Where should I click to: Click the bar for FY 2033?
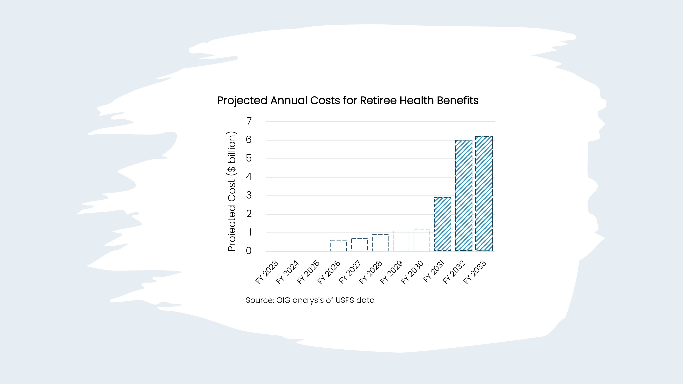click(x=484, y=193)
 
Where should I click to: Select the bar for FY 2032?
click(x=464, y=195)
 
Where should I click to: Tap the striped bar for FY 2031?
click(x=443, y=224)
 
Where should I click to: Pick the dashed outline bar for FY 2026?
click(x=339, y=246)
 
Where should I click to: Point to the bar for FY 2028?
click(x=380, y=243)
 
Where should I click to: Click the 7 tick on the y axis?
click(x=249, y=121)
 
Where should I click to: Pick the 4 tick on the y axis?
click(x=249, y=177)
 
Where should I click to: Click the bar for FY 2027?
click(x=360, y=245)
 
